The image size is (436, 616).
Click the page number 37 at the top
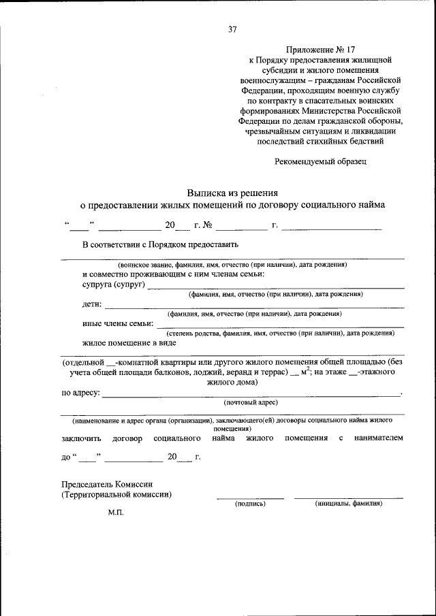(x=232, y=29)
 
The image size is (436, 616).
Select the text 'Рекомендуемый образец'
(x=320, y=162)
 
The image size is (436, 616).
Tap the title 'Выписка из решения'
(x=232, y=193)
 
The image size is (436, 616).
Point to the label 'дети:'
(x=92, y=304)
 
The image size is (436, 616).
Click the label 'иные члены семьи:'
(x=118, y=323)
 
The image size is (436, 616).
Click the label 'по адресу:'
(x=81, y=393)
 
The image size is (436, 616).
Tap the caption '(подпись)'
(x=250, y=504)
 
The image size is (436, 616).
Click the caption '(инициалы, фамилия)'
(x=348, y=504)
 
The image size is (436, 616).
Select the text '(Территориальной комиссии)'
(x=116, y=494)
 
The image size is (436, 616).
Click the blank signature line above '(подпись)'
(x=250, y=498)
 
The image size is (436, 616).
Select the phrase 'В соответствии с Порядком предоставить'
(x=160, y=244)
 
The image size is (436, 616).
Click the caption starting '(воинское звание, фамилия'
(x=232, y=264)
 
